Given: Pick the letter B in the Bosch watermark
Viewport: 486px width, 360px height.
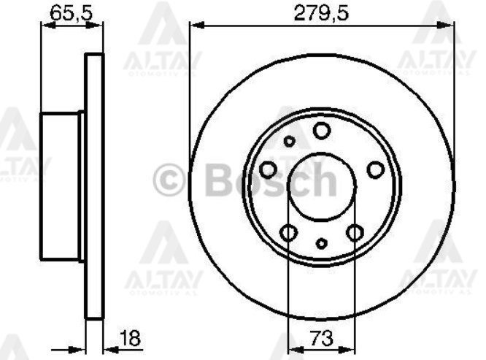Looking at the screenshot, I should pyautogui.click(x=220, y=180).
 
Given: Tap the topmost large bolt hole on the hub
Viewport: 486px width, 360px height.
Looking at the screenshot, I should pyautogui.click(x=321, y=131).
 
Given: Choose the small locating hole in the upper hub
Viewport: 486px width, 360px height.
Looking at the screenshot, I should pyautogui.click(x=290, y=141).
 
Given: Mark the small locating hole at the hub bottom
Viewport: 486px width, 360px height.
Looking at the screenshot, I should pyautogui.click(x=322, y=242).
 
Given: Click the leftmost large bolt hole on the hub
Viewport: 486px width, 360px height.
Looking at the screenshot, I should pyautogui.click(x=268, y=170).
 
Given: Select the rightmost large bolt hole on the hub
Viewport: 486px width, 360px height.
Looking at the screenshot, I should pyautogui.click(x=375, y=170).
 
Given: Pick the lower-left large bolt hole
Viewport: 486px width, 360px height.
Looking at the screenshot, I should pyautogui.click(x=289, y=234).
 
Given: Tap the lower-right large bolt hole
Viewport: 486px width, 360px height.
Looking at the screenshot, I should pyautogui.click(x=355, y=234).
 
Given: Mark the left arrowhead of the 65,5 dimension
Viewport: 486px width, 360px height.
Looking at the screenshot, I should pyautogui.click(x=44, y=25).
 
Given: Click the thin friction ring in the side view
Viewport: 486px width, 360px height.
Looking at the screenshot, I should pyautogui.click(x=93, y=186).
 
